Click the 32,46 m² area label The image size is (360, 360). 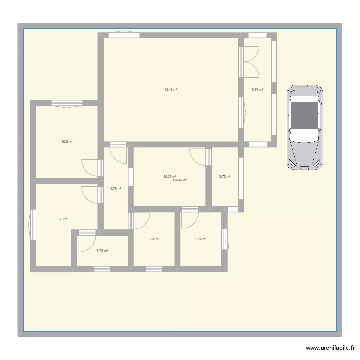click(x=170, y=90)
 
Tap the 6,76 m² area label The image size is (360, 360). click(x=258, y=89)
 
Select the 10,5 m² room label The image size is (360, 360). click(x=67, y=142)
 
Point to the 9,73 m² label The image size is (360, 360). click(x=62, y=219)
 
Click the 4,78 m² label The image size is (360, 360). click(x=116, y=189)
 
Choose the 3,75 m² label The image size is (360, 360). click(x=102, y=251)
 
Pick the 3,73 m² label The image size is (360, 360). click(x=225, y=177)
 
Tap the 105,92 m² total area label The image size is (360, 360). click(x=180, y=180)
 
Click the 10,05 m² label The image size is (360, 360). click(x=170, y=176)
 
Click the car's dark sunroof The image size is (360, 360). click(x=304, y=115)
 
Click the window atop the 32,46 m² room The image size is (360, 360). click(x=124, y=34)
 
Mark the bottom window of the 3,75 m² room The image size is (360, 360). click(x=101, y=269)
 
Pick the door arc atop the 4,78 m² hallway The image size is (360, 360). click(x=118, y=153)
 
